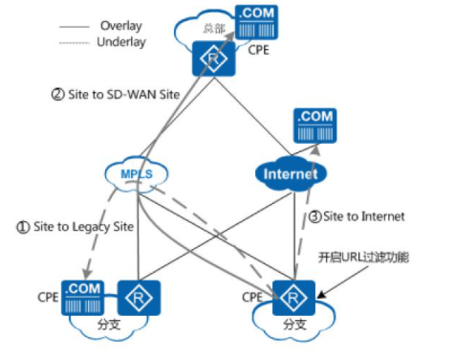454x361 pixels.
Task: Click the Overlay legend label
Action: [121, 26]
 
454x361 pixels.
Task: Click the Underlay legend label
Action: [121, 42]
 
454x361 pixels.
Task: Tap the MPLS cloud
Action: [137, 174]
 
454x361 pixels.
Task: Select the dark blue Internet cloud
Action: [291, 174]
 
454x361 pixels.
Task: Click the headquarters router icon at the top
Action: [214, 58]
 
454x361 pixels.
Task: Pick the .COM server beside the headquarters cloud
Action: [256, 22]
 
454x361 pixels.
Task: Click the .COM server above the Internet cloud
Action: [314, 125]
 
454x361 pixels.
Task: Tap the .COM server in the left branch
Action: [82, 298]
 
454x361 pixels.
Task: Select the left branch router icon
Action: [139, 298]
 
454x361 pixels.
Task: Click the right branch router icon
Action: [293, 298]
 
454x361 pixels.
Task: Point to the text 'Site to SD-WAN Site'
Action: [124, 95]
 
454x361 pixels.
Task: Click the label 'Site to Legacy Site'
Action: [83, 227]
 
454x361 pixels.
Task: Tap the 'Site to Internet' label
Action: [364, 216]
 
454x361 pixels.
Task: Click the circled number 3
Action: [315, 216]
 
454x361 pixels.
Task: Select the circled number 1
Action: [23, 227]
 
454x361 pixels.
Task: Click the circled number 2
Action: [57, 95]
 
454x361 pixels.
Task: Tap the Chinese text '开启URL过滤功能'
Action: [363, 257]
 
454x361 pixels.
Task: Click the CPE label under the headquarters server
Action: [258, 50]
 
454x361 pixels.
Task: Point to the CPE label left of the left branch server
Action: [48, 297]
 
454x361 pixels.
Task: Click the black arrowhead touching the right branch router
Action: [321, 295]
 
